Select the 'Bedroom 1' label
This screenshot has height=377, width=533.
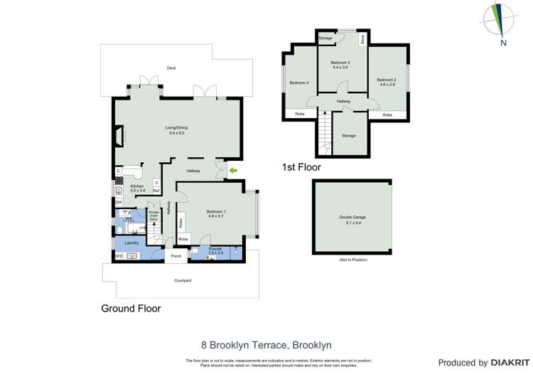click(x=215, y=212)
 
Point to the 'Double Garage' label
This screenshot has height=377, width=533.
click(x=352, y=218)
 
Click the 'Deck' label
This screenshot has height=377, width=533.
click(x=171, y=68)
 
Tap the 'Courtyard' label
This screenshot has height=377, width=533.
click(x=183, y=280)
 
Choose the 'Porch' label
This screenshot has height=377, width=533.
click(x=176, y=256)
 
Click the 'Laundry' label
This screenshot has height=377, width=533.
click(x=131, y=243)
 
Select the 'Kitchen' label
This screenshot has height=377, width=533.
click(x=137, y=186)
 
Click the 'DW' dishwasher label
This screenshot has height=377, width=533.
click(x=118, y=202)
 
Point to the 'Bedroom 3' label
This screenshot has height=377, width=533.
click(x=340, y=63)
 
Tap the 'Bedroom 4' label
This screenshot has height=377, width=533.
click(x=299, y=83)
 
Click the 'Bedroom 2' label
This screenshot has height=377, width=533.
click(x=387, y=80)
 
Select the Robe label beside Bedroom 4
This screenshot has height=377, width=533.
click(x=299, y=115)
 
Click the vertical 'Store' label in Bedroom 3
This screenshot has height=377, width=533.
click(x=362, y=39)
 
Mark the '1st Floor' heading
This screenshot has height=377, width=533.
click(x=301, y=168)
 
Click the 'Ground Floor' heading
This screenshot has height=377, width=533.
click(x=131, y=309)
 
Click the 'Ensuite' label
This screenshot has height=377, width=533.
click(x=215, y=249)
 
